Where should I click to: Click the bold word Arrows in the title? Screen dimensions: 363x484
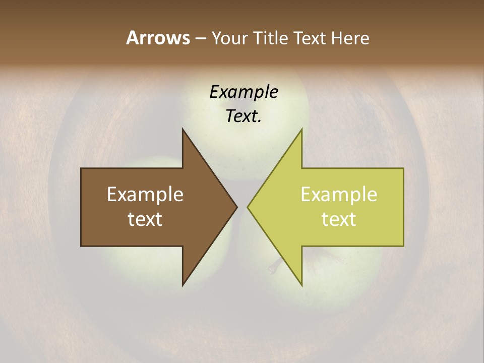click(x=157, y=38)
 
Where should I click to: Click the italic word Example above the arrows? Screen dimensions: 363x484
click(x=244, y=92)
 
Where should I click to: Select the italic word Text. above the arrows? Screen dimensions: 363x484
click(x=244, y=116)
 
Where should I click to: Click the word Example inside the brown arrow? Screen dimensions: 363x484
click(x=145, y=195)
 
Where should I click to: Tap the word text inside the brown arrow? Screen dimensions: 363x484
click(x=145, y=219)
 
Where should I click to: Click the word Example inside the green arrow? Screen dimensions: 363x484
click(x=339, y=195)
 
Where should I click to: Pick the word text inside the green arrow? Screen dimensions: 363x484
click(x=339, y=219)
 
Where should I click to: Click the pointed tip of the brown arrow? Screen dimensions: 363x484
click(x=237, y=207)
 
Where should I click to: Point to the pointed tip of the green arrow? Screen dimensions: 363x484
click(x=248, y=207)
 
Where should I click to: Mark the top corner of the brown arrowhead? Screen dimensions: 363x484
click(x=183, y=129)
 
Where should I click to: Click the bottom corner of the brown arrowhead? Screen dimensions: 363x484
click(x=183, y=285)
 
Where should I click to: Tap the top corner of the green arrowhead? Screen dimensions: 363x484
click(x=301, y=129)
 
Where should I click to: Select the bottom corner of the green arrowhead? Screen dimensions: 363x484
click(x=301, y=285)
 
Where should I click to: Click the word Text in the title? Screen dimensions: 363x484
click(x=310, y=38)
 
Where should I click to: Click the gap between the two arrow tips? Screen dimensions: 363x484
click(x=242, y=207)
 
